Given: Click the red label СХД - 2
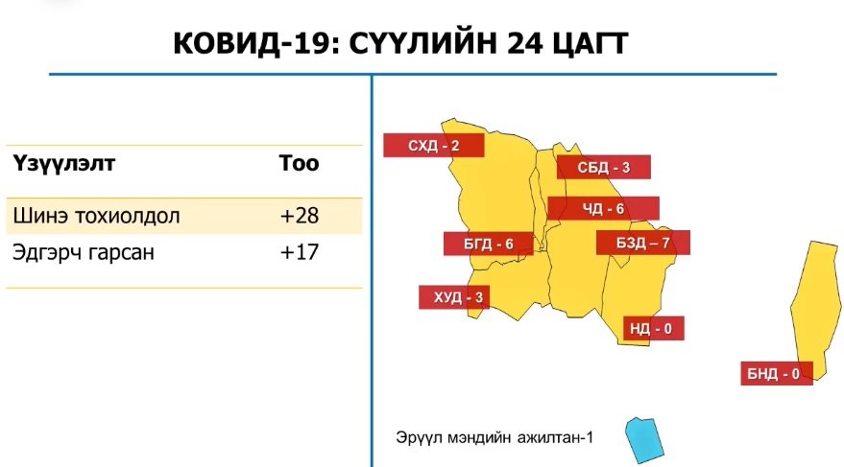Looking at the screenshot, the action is pos(433,145).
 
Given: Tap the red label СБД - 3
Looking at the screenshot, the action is pos(603,167).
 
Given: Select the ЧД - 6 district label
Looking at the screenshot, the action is pos(603,208).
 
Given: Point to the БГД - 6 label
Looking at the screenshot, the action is pos(488,244).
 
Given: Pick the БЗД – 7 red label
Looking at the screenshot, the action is pos(642,243).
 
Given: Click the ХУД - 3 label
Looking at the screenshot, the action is pos(454,297).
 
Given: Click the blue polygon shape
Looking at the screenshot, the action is pos(644,440).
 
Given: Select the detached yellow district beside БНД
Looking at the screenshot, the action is pos(817,306).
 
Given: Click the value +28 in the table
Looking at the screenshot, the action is pos(300,216).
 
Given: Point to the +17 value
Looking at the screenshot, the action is pos(300,252).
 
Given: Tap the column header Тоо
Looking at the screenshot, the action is pos(299,163).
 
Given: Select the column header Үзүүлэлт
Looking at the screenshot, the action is pos(64,163).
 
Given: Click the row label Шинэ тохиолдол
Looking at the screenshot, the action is pos(96,216).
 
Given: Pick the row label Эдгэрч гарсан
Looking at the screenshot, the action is pos(84,252).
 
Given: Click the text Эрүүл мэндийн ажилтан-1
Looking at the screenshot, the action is pos(494,437).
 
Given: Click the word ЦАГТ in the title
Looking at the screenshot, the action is pos(591,44).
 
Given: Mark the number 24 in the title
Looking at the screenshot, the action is pos(524,43).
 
